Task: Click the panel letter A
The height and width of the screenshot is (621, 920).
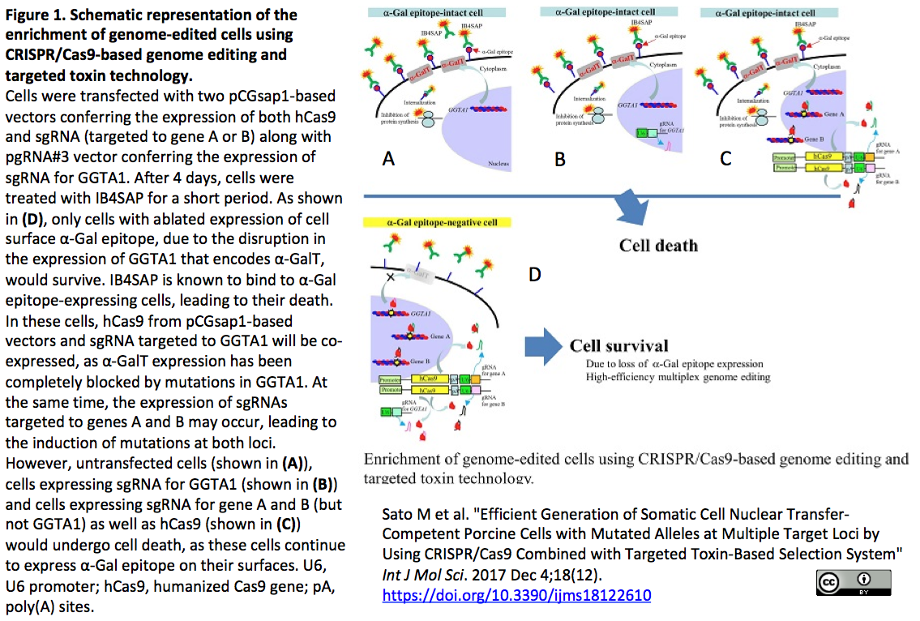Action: coord(388,159)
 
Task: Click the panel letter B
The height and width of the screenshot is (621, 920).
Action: coord(559,159)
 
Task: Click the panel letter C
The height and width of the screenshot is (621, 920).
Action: coord(725,157)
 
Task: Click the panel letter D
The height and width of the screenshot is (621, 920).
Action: coord(534,275)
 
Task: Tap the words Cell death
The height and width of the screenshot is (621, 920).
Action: coord(658,245)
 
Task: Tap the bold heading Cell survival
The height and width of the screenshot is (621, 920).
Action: coord(619,346)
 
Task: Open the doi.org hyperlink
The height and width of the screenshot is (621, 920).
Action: coord(516,596)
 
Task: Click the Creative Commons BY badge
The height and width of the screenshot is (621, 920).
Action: coord(854,583)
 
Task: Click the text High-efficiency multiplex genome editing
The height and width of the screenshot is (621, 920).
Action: coord(678,377)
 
